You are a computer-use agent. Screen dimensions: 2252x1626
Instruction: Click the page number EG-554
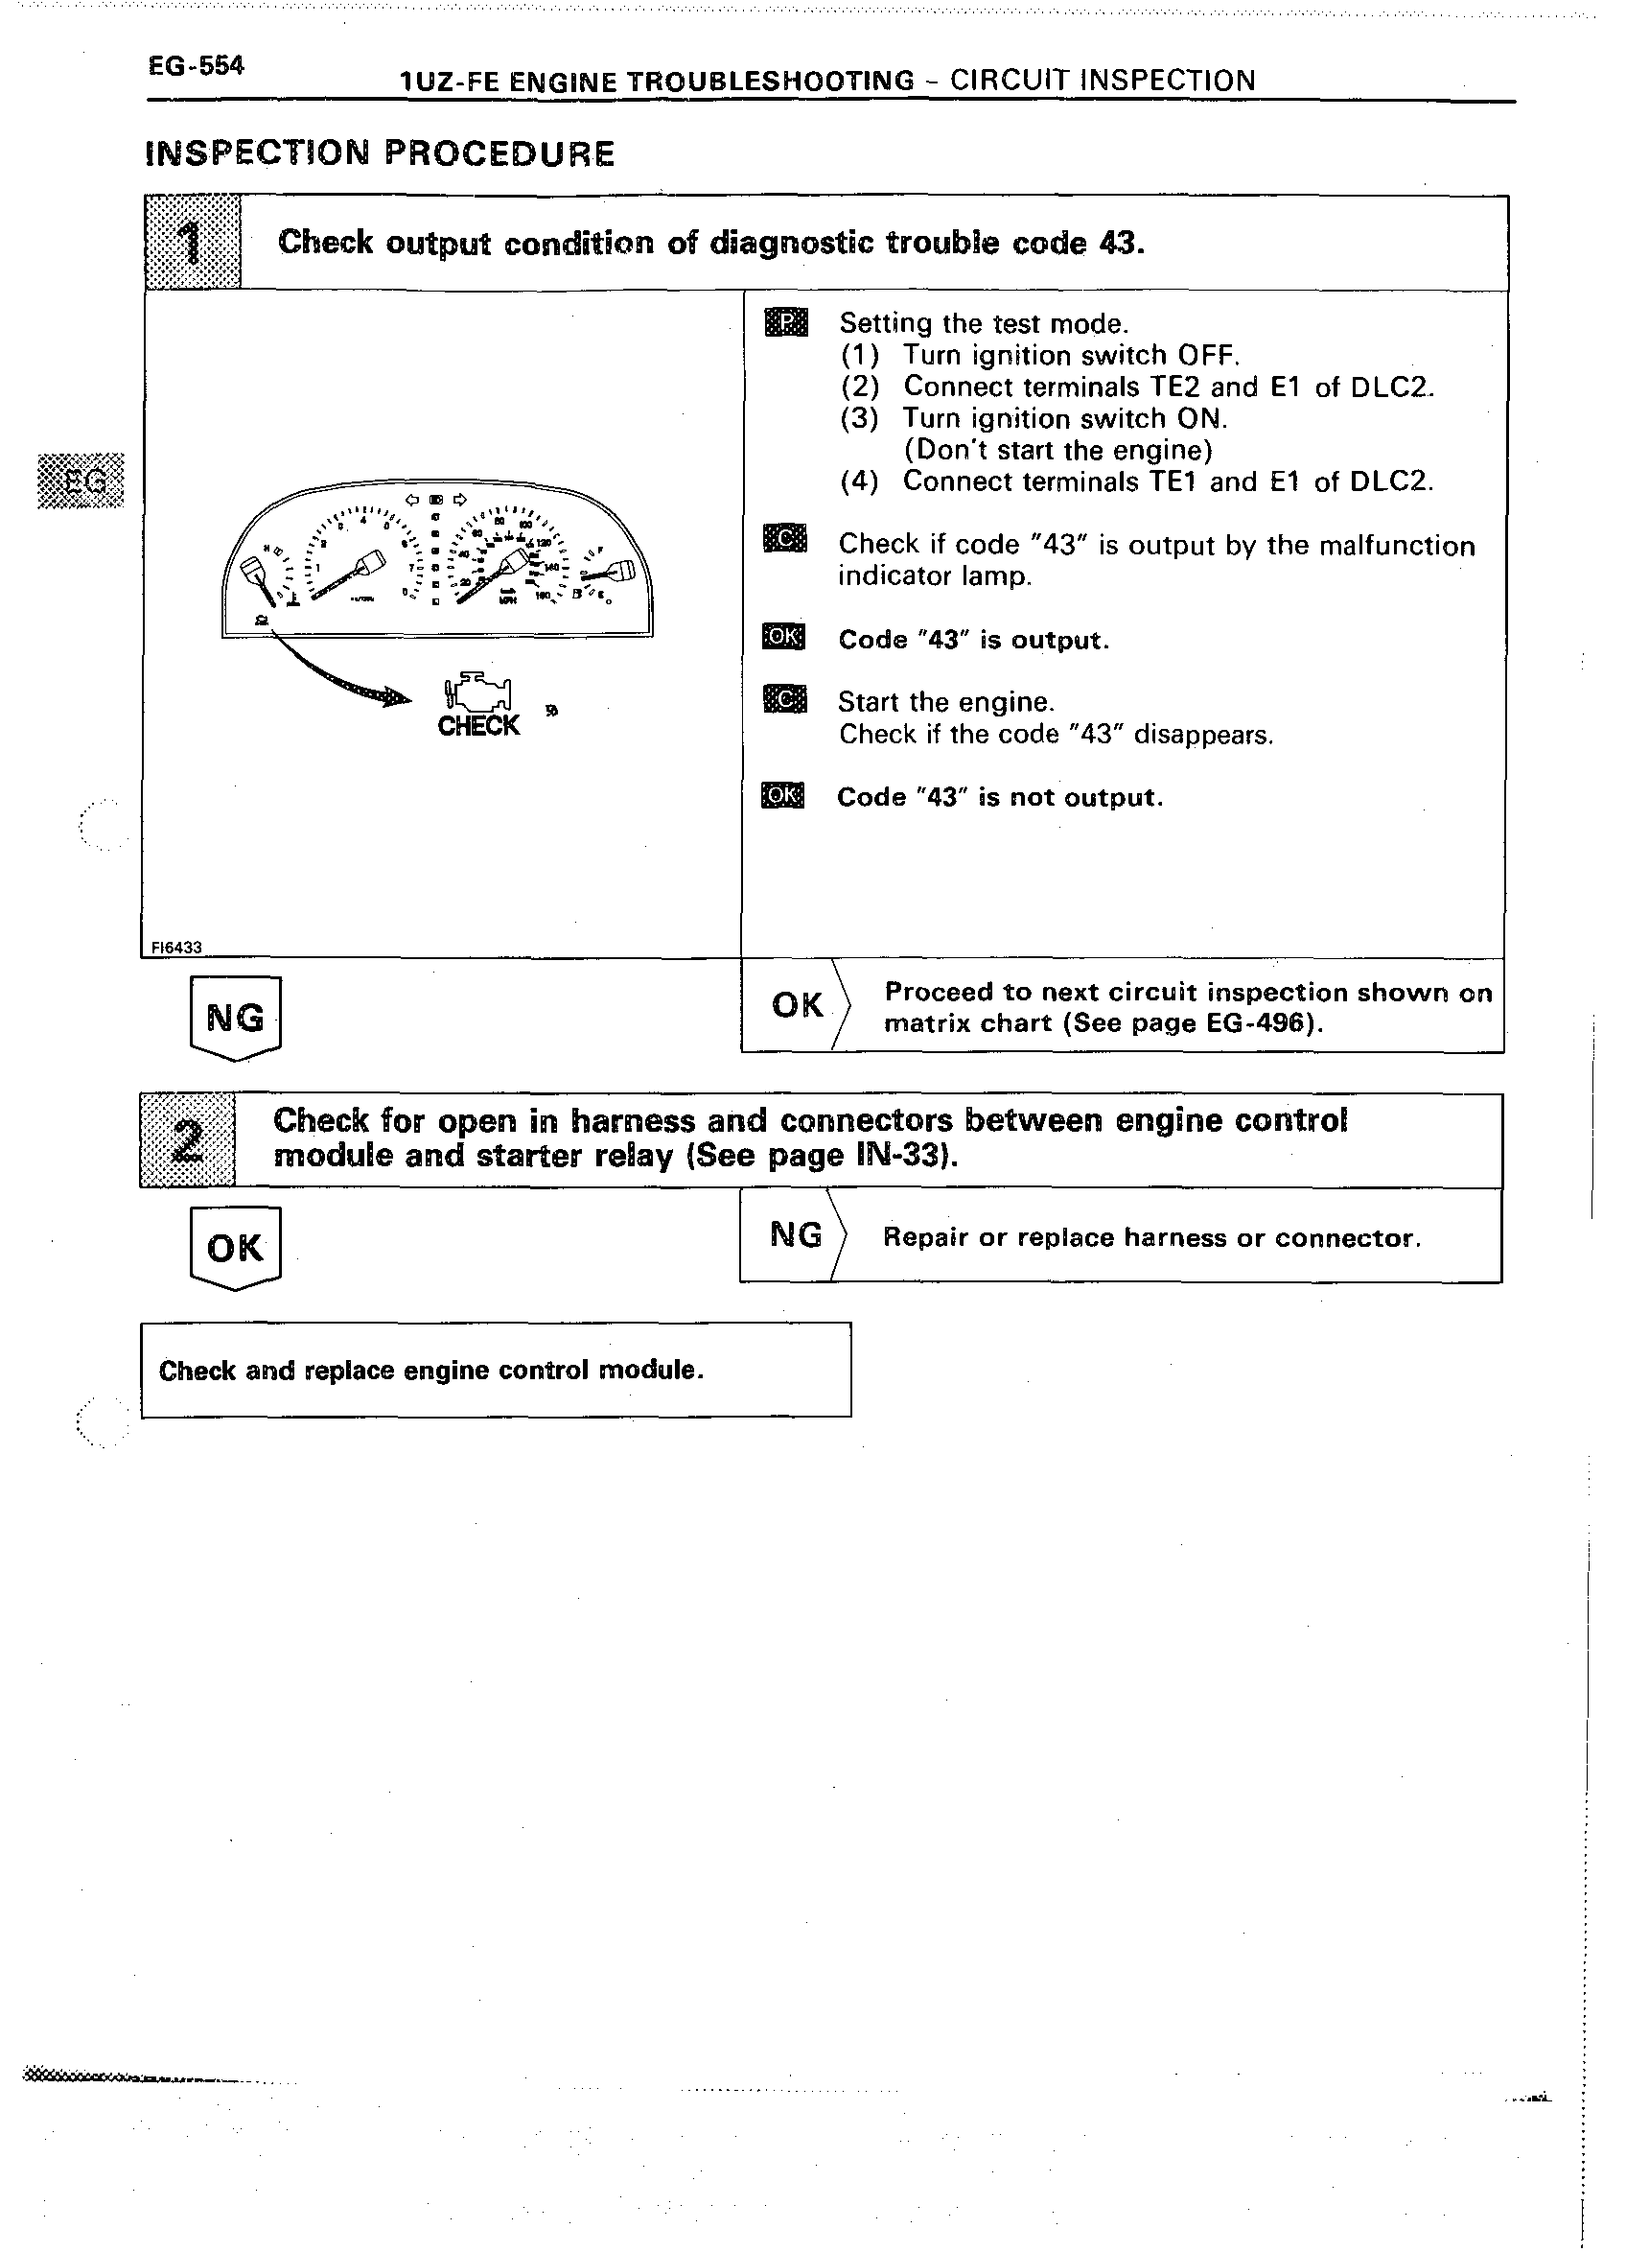[196, 66]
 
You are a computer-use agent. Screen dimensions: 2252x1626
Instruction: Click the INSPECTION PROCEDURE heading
[380, 153]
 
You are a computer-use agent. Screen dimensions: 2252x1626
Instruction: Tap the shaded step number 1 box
[193, 243]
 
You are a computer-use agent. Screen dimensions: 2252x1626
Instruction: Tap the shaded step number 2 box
[188, 1139]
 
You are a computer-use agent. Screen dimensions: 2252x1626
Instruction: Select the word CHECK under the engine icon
[478, 727]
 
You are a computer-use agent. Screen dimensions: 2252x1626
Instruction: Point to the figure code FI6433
[175, 948]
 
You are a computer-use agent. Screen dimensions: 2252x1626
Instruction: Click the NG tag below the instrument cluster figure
[235, 1017]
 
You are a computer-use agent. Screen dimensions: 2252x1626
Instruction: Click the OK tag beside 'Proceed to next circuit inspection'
[797, 1005]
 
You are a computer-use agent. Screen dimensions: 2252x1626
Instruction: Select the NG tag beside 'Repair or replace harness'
[796, 1235]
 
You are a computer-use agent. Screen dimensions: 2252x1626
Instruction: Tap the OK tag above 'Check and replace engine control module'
[235, 1247]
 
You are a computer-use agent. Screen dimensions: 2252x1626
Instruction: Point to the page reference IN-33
[897, 1157]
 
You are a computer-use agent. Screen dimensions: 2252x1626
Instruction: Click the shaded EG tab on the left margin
[81, 481]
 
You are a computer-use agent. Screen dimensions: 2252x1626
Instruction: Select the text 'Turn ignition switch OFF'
[1070, 356]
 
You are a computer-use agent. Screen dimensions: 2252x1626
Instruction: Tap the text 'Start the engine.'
[944, 702]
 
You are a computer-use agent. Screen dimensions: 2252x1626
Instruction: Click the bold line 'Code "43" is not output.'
[999, 797]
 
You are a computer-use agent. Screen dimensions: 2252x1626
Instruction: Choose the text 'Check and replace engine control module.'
[430, 1371]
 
